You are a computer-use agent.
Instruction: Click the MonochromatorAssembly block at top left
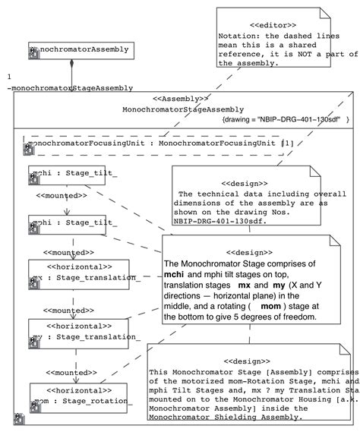point(79,51)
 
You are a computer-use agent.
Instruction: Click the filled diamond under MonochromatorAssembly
point(71,65)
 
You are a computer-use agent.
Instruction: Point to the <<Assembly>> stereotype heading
point(180,99)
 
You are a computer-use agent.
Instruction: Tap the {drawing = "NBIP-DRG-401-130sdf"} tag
point(284,120)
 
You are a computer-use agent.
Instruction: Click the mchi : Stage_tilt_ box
point(73,174)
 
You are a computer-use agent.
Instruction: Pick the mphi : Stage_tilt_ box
point(73,224)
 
